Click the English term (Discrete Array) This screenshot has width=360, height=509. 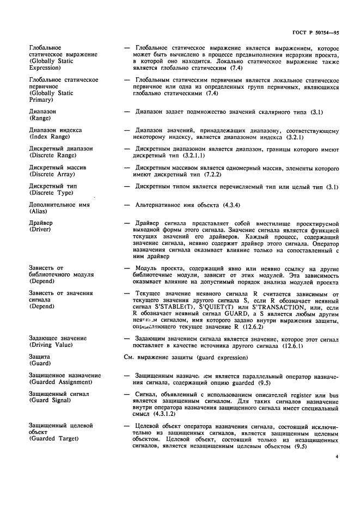53,174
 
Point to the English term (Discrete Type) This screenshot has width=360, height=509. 52,193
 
